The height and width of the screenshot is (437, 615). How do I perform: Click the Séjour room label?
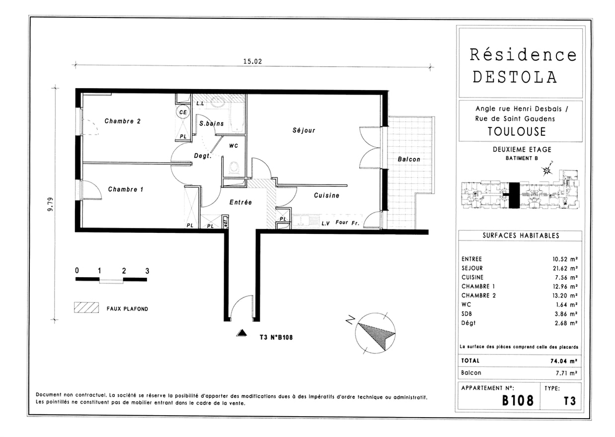pos(304,130)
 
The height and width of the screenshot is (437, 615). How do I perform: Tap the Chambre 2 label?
pos(122,121)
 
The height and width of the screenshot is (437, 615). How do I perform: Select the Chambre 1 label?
pos(126,189)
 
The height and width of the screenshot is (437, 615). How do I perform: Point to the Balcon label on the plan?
pos(409,159)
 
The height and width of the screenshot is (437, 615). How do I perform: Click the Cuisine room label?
pos(326,196)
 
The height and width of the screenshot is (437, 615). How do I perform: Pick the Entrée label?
pos(240,202)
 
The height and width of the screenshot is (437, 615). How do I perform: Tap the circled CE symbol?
pos(183,112)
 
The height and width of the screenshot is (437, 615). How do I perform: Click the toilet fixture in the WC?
pos(234,167)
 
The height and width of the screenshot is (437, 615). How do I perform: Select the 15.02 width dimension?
pos(252,62)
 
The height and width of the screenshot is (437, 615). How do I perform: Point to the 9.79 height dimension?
pos(51,204)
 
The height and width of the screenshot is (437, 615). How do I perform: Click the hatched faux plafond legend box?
pos(86,308)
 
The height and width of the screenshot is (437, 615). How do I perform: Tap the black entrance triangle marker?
pos(241,333)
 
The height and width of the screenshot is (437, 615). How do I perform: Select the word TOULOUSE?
pos(516,131)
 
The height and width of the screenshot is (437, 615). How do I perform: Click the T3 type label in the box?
pos(569,400)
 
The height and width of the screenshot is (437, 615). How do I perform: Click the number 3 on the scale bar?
pos(147,271)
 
